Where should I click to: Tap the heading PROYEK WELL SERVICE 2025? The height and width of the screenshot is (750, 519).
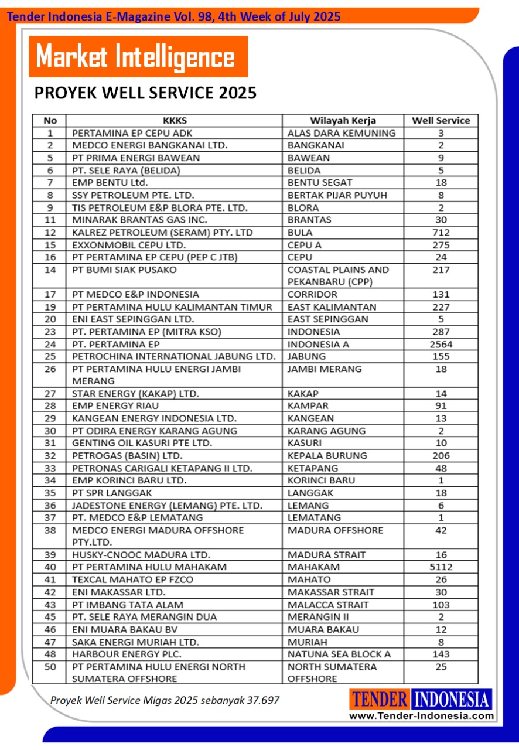(145, 93)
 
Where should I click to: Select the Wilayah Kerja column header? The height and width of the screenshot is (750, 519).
(343, 121)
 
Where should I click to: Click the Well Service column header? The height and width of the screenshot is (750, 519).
(441, 121)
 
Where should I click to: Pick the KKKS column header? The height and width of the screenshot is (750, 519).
(175, 121)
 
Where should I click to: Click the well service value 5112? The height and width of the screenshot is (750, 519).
(441, 567)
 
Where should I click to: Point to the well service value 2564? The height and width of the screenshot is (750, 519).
(441, 345)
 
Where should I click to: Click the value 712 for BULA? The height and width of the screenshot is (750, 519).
(441, 233)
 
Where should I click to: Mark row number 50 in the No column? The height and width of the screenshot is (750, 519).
(50, 667)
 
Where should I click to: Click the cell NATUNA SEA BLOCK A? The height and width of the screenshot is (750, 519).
(339, 654)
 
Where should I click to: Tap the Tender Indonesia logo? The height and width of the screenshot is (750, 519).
(421, 700)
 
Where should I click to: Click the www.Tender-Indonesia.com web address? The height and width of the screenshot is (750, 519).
(422, 715)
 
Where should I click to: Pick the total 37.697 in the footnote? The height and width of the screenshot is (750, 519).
(262, 700)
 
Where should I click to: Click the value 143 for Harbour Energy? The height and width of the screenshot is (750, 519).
(441, 654)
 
